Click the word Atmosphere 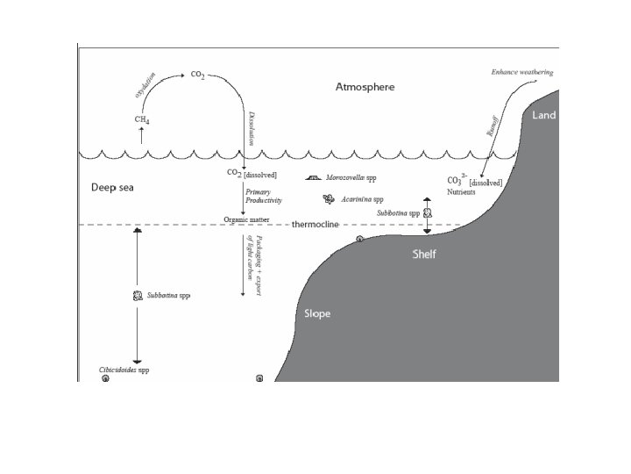click(x=365, y=87)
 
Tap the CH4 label click(x=141, y=119)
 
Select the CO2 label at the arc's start click(x=198, y=76)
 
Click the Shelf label click(x=424, y=255)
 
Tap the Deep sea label click(x=110, y=188)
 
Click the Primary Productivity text click(x=263, y=197)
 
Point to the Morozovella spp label click(x=350, y=177)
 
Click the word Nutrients click(x=461, y=191)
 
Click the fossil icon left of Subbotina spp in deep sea click(x=138, y=296)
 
